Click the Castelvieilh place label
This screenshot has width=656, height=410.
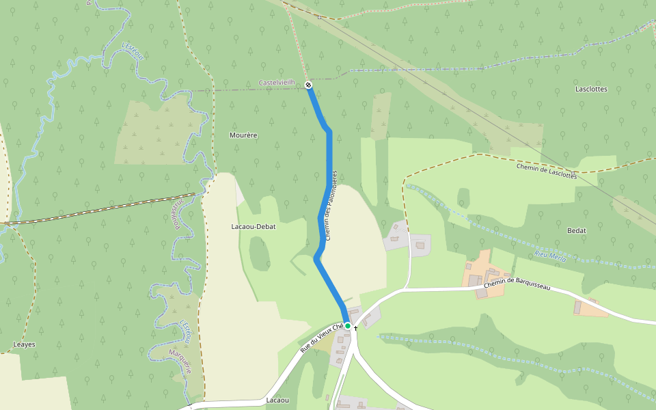[277, 83]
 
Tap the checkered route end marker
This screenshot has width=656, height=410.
[309, 85]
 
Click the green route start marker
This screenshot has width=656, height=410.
[348, 326]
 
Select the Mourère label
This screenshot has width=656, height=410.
[243, 135]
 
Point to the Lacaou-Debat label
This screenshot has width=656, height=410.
[254, 226]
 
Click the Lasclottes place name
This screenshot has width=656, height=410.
[591, 90]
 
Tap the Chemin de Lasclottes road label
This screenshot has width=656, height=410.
[547, 171]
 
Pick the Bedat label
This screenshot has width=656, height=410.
[577, 230]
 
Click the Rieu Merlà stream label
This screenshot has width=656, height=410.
[551, 256]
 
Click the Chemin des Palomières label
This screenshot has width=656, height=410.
[331, 205]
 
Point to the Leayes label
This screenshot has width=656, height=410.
[24, 344]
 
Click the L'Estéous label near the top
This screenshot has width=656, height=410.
[133, 51]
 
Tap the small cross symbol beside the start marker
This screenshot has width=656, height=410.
[356, 328]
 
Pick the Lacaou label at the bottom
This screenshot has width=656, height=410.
[277, 400]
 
